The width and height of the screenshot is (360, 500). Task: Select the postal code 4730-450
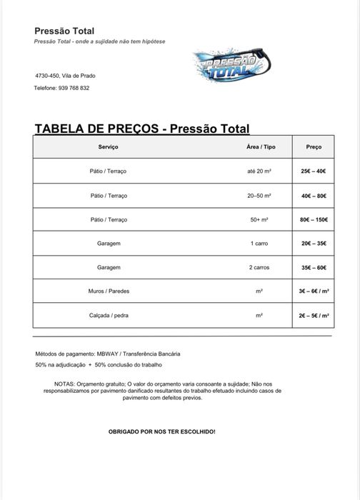pyautogui.click(x=49, y=76)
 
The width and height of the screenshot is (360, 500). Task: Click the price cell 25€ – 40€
pyautogui.click(x=314, y=171)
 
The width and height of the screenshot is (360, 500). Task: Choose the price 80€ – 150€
pyautogui.click(x=314, y=219)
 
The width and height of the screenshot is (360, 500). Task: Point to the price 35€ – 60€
pyautogui.click(x=314, y=267)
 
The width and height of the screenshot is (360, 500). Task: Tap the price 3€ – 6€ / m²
pyautogui.click(x=314, y=291)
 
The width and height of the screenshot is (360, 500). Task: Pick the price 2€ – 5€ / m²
pyautogui.click(x=314, y=315)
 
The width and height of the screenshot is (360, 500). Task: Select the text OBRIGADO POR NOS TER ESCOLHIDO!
pyautogui.click(x=161, y=432)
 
